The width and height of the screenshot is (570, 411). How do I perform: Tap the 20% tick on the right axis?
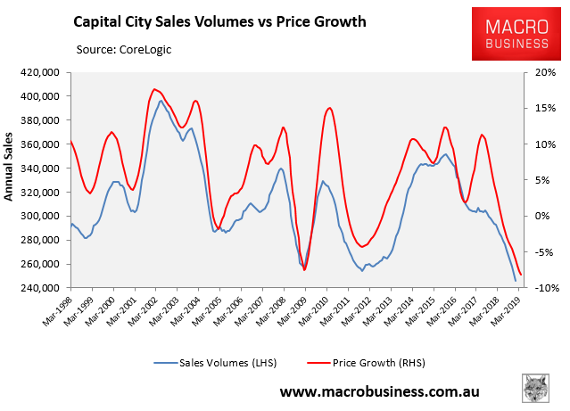(x=544, y=72)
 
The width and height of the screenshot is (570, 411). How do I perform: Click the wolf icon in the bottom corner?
(x=536, y=388)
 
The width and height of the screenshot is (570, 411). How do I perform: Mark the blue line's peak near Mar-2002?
(x=161, y=101)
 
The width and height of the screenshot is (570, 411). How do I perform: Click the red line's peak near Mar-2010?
(x=330, y=108)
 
